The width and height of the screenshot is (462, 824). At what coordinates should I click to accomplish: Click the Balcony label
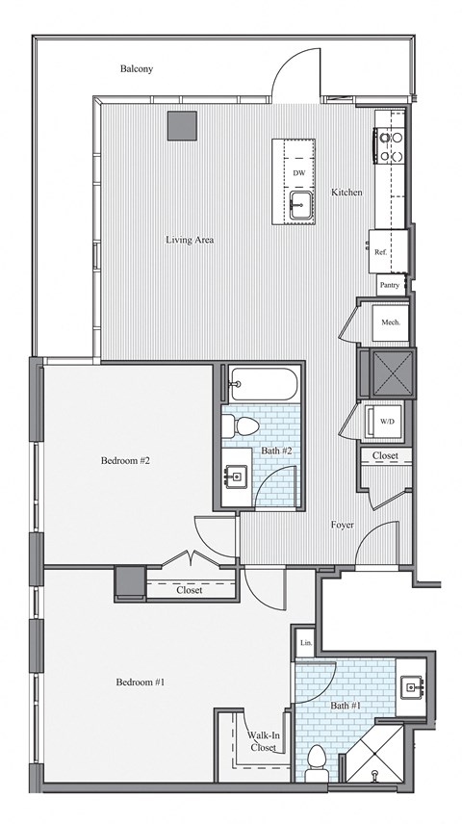tap(137, 69)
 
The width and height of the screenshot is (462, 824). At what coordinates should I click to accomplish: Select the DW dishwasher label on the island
tap(299, 173)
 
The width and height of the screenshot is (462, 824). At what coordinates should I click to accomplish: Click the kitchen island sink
tap(300, 203)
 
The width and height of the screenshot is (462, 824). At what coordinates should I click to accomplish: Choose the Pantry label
tap(390, 285)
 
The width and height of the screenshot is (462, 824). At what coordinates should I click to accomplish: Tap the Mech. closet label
tap(390, 322)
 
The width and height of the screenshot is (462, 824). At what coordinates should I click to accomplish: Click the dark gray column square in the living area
tap(182, 125)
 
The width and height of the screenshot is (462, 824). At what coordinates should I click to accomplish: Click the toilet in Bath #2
tap(246, 427)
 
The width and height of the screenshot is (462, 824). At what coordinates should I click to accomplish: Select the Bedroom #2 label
tap(125, 460)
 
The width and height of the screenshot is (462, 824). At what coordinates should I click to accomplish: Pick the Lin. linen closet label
tap(305, 643)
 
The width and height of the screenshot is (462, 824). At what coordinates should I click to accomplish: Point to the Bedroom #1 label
tap(141, 682)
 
